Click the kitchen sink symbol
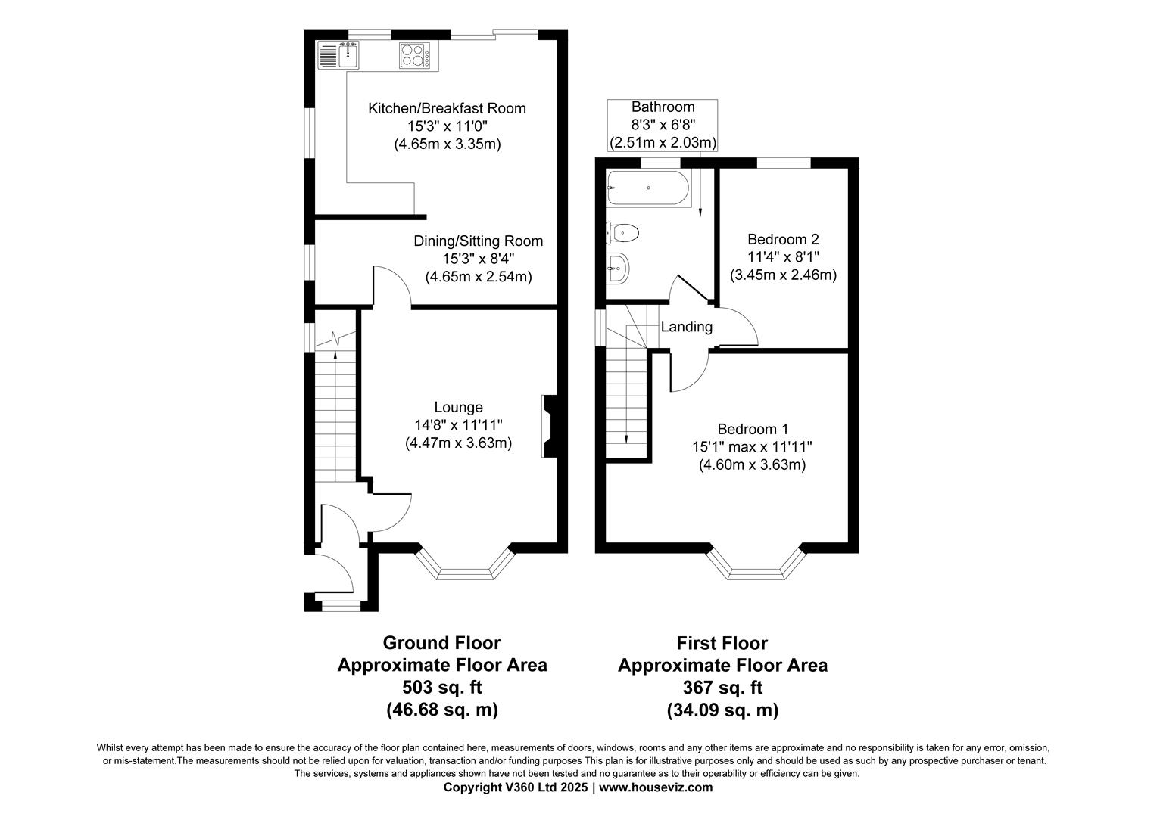(338, 55)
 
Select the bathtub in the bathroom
(648, 188)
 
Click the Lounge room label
(458, 408)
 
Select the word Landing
(687, 327)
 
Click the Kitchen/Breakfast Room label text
(447, 108)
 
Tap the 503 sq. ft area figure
(441, 688)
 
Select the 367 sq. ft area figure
(722, 688)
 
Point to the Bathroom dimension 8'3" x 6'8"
(663, 124)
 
